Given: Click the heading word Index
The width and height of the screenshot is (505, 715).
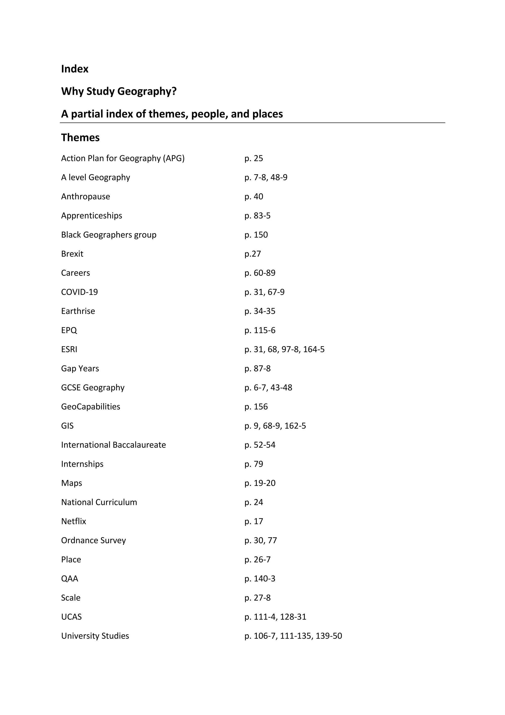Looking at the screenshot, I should point(75,69).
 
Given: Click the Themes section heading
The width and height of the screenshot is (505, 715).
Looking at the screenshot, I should point(80,138).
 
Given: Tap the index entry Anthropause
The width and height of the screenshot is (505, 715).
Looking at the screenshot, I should point(86,197).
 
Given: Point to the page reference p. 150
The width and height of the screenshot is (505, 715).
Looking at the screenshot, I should point(256,235).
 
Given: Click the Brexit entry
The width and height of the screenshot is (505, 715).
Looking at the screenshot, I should point(72,254).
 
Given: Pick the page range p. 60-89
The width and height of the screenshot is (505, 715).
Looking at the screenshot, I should point(260,273).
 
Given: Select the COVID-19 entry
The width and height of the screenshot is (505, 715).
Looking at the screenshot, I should point(79,292).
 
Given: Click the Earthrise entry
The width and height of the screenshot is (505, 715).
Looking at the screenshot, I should point(78,311).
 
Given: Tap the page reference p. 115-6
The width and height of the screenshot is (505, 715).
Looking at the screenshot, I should point(260,330).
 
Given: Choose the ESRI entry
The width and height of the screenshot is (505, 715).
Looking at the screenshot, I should point(69,349).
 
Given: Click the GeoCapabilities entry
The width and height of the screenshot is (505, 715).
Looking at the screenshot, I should point(90,407).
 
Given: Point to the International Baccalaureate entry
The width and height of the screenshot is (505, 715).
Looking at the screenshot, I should point(113,445).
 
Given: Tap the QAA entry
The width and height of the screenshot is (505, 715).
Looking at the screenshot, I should point(70,579).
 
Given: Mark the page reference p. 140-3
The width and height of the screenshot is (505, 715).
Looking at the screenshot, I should point(260,579).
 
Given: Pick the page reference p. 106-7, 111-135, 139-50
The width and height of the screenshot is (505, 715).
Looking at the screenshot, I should point(293,636).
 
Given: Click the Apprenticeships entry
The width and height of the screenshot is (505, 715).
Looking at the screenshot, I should point(91,216).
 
